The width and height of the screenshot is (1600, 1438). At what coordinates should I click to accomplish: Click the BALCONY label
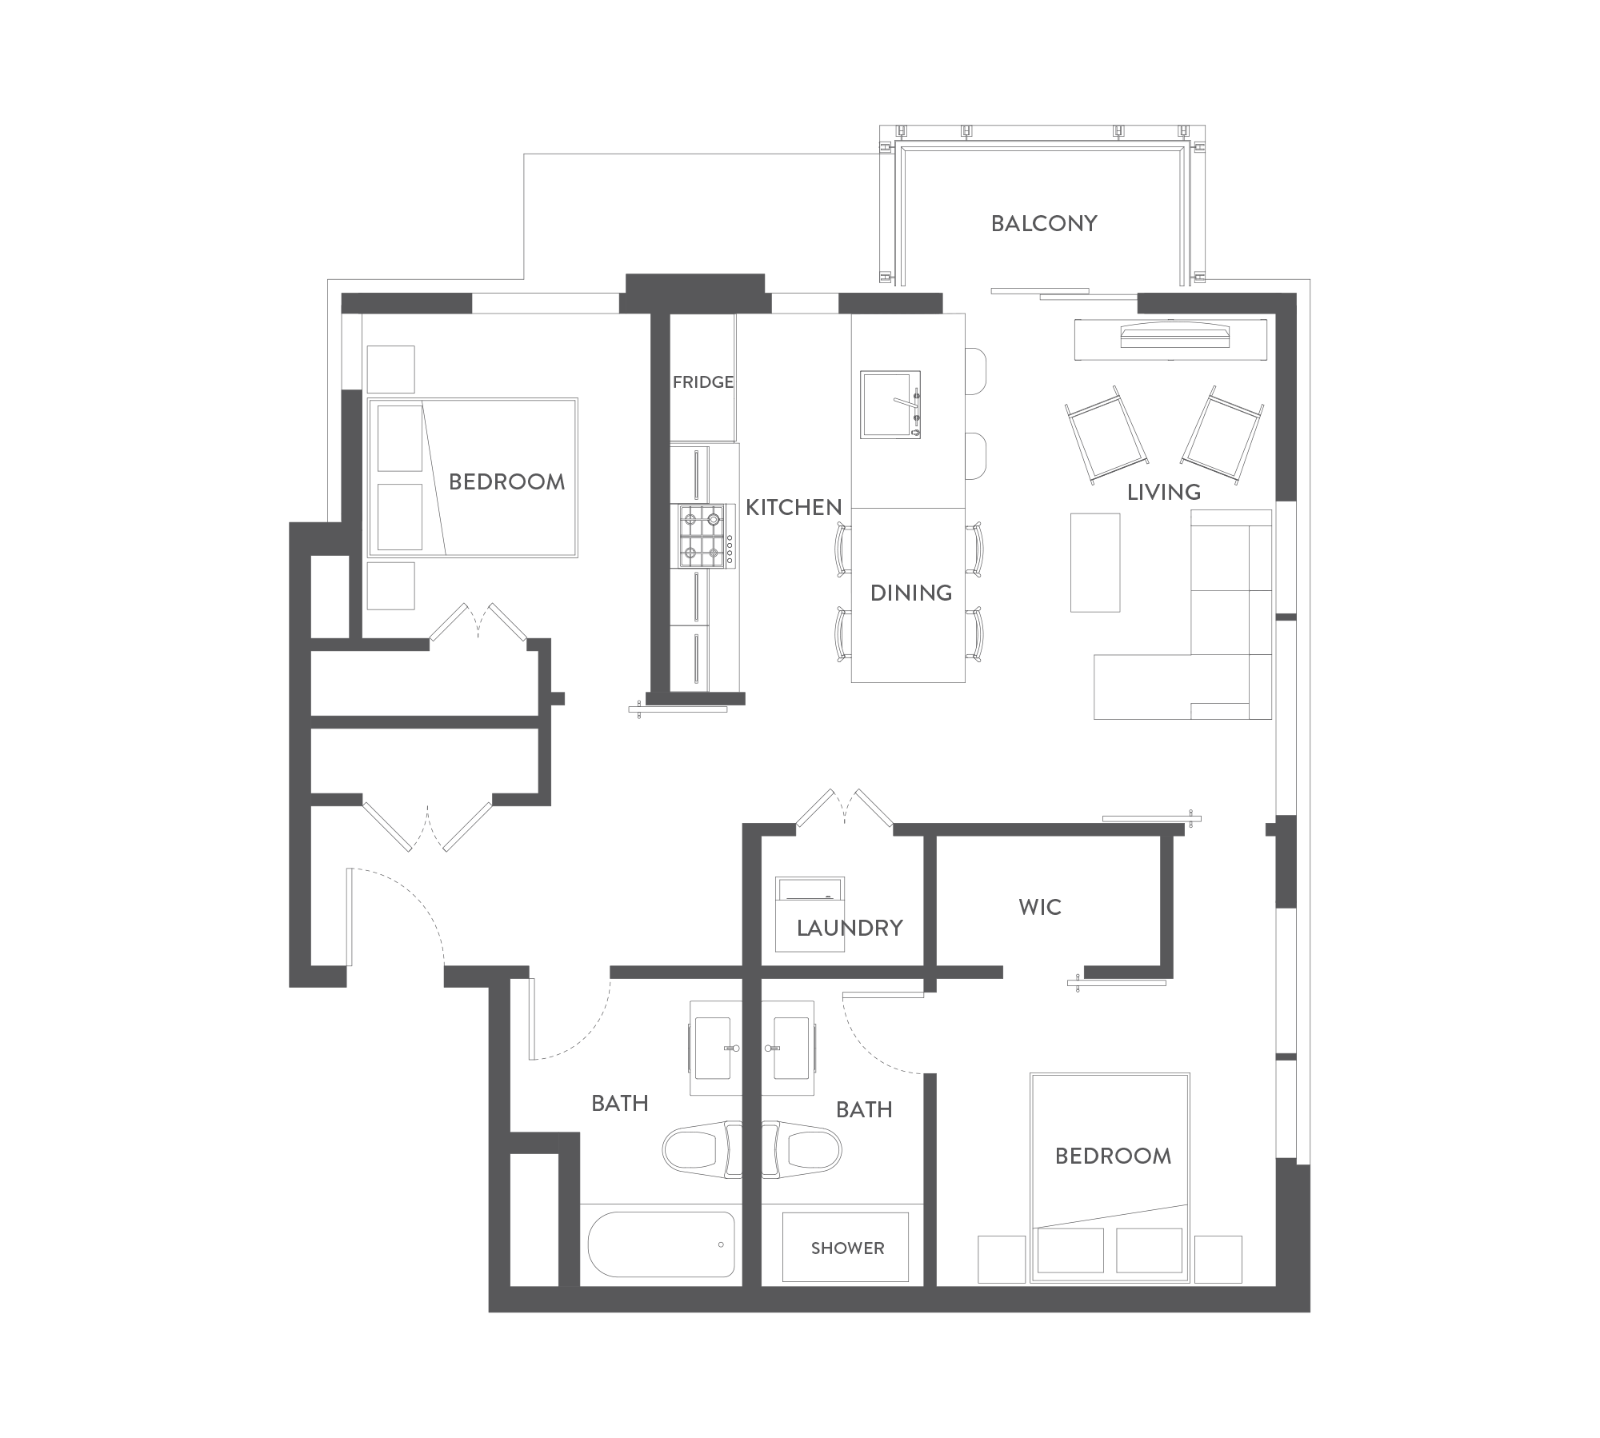tap(1044, 223)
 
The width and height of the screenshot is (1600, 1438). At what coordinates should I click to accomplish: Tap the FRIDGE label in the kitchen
tap(703, 382)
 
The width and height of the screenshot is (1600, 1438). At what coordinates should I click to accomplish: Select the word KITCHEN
tap(794, 507)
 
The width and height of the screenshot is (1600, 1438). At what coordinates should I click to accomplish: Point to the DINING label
tap(911, 593)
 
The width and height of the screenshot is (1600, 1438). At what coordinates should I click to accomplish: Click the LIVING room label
tap(1164, 492)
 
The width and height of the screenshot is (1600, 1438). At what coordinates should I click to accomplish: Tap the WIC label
tap(1040, 907)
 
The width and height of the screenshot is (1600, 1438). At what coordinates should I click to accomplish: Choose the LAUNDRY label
tap(850, 928)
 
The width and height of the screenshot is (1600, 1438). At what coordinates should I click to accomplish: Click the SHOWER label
tap(848, 1248)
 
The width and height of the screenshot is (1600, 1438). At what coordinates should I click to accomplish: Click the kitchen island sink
tap(890, 404)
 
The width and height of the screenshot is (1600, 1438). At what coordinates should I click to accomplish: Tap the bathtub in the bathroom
tap(662, 1244)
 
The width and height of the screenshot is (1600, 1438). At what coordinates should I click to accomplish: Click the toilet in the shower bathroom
tap(802, 1150)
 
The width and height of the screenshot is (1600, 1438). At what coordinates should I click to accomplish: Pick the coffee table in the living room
tap(1095, 562)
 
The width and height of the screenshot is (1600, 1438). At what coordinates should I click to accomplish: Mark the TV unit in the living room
tap(1171, 339)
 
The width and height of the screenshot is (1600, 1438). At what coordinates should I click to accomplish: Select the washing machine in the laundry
tap(810, 913)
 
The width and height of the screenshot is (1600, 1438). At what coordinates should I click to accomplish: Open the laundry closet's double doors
tap(846, 808)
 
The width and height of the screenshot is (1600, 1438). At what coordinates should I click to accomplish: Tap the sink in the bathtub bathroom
tap(713, 1048)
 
